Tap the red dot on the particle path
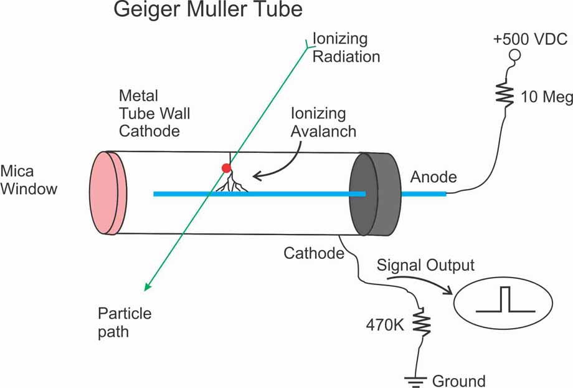(227, 168)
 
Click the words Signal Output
(425, 265)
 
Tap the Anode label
(433, 177)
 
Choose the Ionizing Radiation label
(346, 47)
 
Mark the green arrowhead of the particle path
(148, 286)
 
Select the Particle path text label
(125, 321)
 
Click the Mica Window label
(29, 180)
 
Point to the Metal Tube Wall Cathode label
(154, 114)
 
